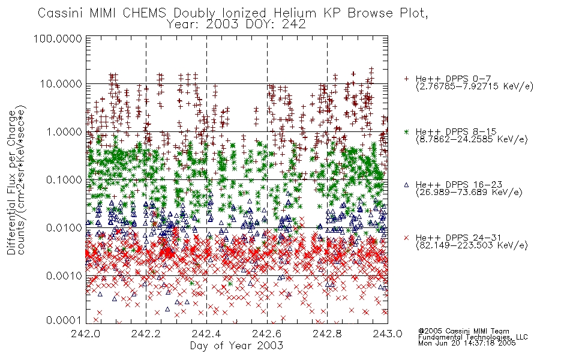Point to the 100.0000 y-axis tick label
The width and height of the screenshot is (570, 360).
tap(58, 38)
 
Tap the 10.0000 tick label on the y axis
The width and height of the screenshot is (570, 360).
tap(61, 84)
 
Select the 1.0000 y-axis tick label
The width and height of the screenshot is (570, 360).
tap(64, 131)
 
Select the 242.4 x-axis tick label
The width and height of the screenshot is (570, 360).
tap(206, 334)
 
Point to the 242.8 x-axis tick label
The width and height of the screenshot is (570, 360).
tap(327, 334)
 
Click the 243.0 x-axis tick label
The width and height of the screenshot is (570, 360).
tap(388, 334)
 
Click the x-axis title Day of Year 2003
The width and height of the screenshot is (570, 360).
tap(236, 346)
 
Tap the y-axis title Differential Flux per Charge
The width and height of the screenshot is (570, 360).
tap(12, 182)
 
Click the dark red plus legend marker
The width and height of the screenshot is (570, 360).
tap(406, 79)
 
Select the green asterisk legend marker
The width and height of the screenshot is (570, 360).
tap(406, 131)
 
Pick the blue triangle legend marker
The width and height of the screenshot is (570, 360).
tap(406, 185)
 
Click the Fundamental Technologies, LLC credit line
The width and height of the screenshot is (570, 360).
tap(473, 337)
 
